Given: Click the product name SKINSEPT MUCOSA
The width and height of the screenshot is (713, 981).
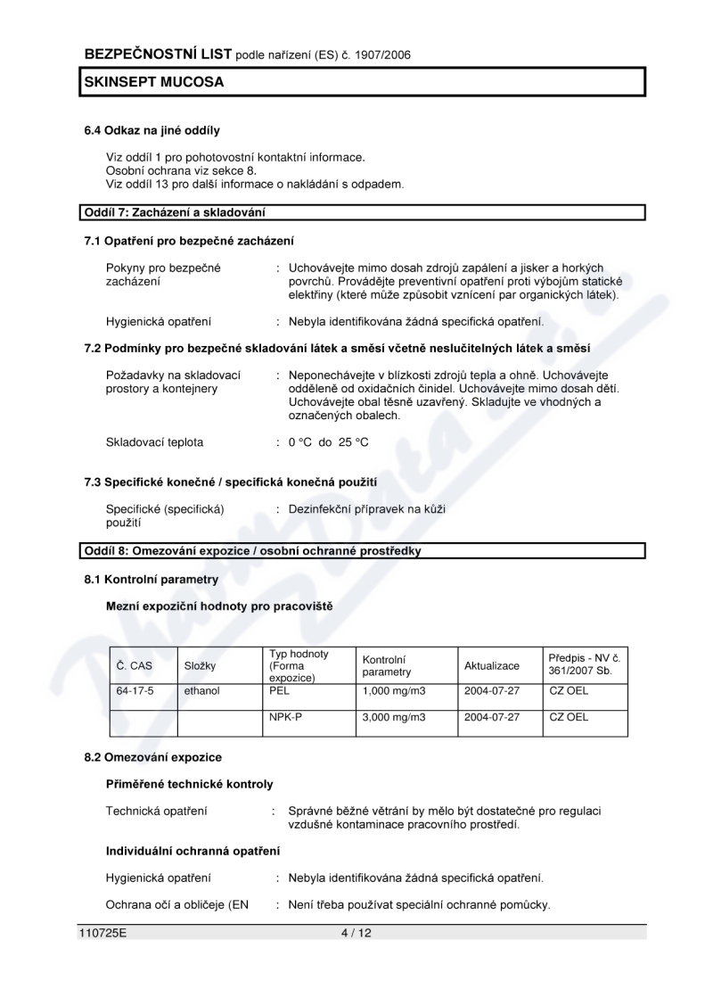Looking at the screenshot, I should pyautogui.click(x=153, y=82).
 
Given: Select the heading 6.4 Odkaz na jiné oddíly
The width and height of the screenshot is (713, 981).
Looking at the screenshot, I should pyautogui.click(x=152, y=131).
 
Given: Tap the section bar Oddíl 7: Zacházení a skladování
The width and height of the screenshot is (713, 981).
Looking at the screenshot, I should pyautogui.click(x=175, y=212).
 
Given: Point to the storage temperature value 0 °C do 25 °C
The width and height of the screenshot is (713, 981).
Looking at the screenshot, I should pyautogui.click(x=328, y=441).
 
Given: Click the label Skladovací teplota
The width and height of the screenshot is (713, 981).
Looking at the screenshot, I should pyautogui.click(x=154, y=441).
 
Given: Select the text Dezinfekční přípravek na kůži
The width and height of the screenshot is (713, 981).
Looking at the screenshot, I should pyautogui.click(x=366, y=509).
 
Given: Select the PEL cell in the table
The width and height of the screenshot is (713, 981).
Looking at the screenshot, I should pyautogui.click(x=279, y=690).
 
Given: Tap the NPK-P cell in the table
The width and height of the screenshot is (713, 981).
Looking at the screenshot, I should pyautogui.click(x=285, y=717).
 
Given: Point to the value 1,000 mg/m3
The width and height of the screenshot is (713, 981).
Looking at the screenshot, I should pyautogui.click(x=394, y=690).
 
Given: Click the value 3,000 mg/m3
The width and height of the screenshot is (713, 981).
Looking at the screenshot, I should pyautogui.click(x=394, y=717).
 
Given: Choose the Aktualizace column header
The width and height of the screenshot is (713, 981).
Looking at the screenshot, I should pyautogui.click(x=491, y=666).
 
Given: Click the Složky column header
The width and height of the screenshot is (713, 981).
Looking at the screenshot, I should pyautogui.click(x=201, y=666).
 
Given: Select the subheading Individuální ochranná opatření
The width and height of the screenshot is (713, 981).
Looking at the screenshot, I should pyautogui.click(x=193, y=852).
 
